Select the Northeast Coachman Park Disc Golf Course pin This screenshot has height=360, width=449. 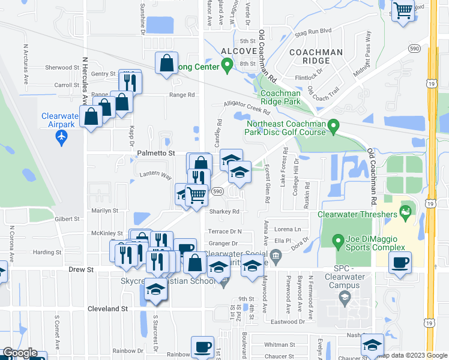[335, 125]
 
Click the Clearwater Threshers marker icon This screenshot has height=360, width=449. [406, 211]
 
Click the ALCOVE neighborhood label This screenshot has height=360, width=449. [239, 52]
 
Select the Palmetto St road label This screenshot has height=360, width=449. [155, 154]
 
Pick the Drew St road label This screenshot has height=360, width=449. [81, 270]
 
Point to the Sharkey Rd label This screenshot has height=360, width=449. [224, 211]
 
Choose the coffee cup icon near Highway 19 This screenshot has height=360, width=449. [400, 262]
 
